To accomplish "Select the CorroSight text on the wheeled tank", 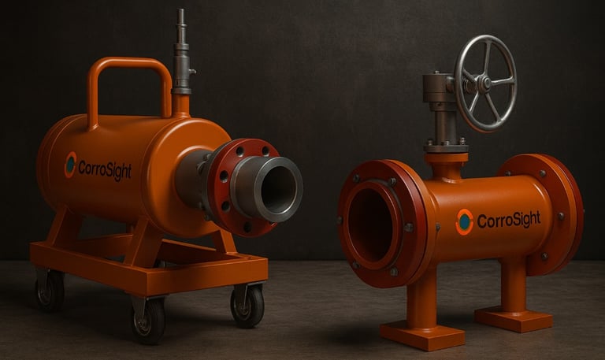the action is (x=105, y=170).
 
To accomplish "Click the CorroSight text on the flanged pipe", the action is (x=509, y=220).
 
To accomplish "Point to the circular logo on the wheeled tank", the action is (x=71, y=165).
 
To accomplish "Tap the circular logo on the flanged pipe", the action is (x=464, y=222).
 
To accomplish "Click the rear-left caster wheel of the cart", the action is (x=50, y=290).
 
